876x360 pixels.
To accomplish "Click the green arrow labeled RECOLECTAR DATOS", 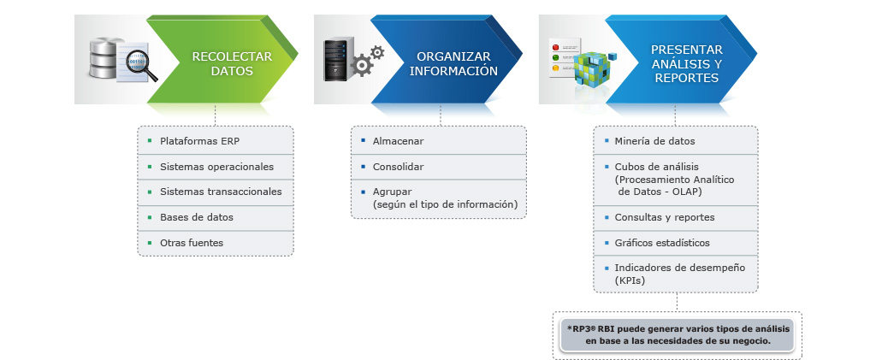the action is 223,60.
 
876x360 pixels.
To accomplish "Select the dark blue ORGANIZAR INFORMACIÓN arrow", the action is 447,60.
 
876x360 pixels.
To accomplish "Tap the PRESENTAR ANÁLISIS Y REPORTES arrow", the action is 682,60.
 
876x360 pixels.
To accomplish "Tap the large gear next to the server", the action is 362,65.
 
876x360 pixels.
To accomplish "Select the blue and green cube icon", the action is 594,67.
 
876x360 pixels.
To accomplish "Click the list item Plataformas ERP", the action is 199,141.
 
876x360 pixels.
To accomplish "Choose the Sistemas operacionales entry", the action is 216,167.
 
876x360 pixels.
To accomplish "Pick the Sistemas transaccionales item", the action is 221,192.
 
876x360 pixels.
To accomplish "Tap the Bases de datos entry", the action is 197,217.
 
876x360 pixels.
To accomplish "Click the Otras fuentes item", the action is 192,243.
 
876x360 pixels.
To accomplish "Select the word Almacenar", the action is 399,141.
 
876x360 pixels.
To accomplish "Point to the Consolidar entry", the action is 399,167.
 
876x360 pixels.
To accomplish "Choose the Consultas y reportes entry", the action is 664,217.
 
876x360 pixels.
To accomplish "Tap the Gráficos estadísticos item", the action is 662,243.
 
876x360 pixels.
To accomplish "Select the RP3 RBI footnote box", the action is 678,335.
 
